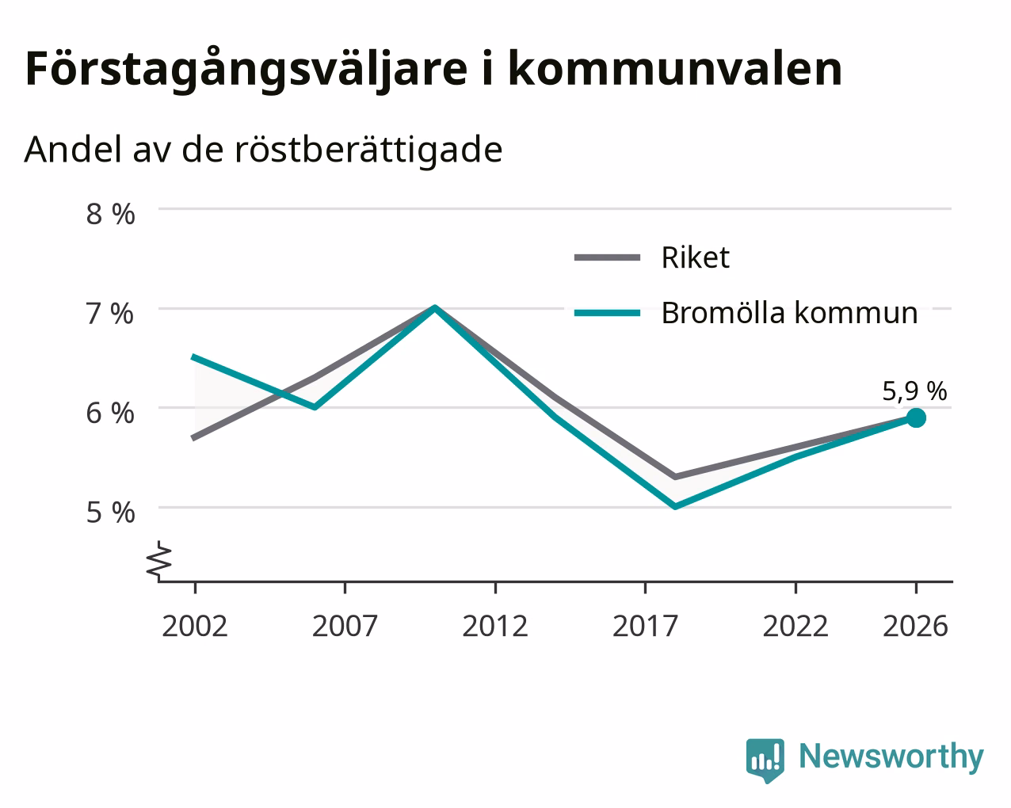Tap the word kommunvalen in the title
point(675,69)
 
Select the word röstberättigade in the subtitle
point(368,150)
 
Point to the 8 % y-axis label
point(110,214)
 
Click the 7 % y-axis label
point(110,314)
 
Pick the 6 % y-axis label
point(110,414)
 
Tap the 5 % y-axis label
point(110,513)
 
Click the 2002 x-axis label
point(194,626)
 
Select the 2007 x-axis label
point(345,626)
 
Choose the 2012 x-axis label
point(495,626)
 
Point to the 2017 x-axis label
point(645,626)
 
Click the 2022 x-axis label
point(795,626)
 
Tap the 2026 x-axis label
point(916,626)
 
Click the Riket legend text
point(696,257)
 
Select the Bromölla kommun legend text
point(789,313)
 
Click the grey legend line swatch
point(607,257)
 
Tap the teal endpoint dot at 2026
point(916,417)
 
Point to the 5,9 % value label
point(914,391)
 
